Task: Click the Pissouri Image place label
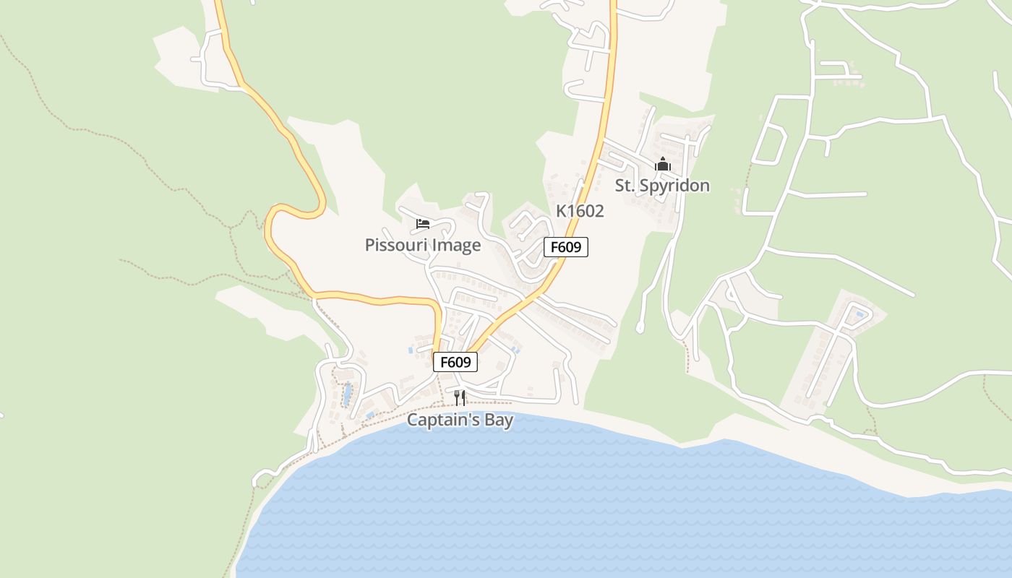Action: click(x=423, y=245)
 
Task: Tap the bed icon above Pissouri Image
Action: click(x=423, y=224)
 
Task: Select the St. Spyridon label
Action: click(x=662, y=186)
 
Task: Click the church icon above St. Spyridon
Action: click(x=662, y=165)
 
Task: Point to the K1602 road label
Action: click(x=580, y=211)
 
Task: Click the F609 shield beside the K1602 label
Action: click(x=566, y=247)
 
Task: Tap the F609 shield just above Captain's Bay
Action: click(x=455, y=362)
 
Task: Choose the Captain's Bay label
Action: click(x=460, y=420)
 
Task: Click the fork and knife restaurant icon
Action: click(x=460, y=397)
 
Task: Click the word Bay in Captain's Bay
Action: click(x=499, y=420)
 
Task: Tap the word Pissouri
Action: click(x=395, y=245)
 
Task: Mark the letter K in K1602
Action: click(x=561, y=211)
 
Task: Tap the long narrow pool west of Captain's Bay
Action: click(x=348, y=394)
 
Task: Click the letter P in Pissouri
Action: click(x=369, y=245)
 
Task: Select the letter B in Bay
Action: click(x=488, y=420)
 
